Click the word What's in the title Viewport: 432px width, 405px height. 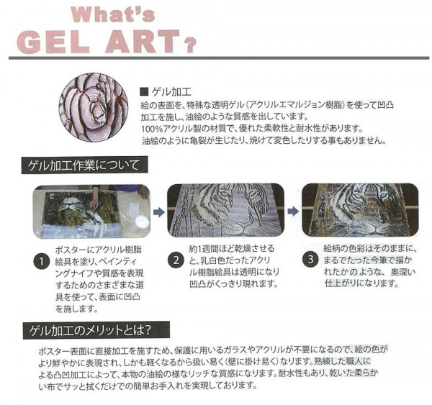[x=113, y=14]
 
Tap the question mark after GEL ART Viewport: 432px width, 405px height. [x=190, y=45]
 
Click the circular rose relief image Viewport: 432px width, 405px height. [x=94, y=108]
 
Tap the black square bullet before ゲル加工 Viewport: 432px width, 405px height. [x=144, y=91]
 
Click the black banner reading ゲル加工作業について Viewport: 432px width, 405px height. [x=84, y=165]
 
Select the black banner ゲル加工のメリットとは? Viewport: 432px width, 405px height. [x=96, y=330]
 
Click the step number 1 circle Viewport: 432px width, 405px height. [x=42, y=261]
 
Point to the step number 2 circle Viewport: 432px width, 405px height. [x=176, y=260]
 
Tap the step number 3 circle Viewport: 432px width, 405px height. [x=310, y=260]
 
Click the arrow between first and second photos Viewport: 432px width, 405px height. [x=159, y=212]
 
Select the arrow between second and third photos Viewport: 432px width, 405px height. [x=293, y=211]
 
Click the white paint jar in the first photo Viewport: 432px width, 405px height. [x=141, y=222]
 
